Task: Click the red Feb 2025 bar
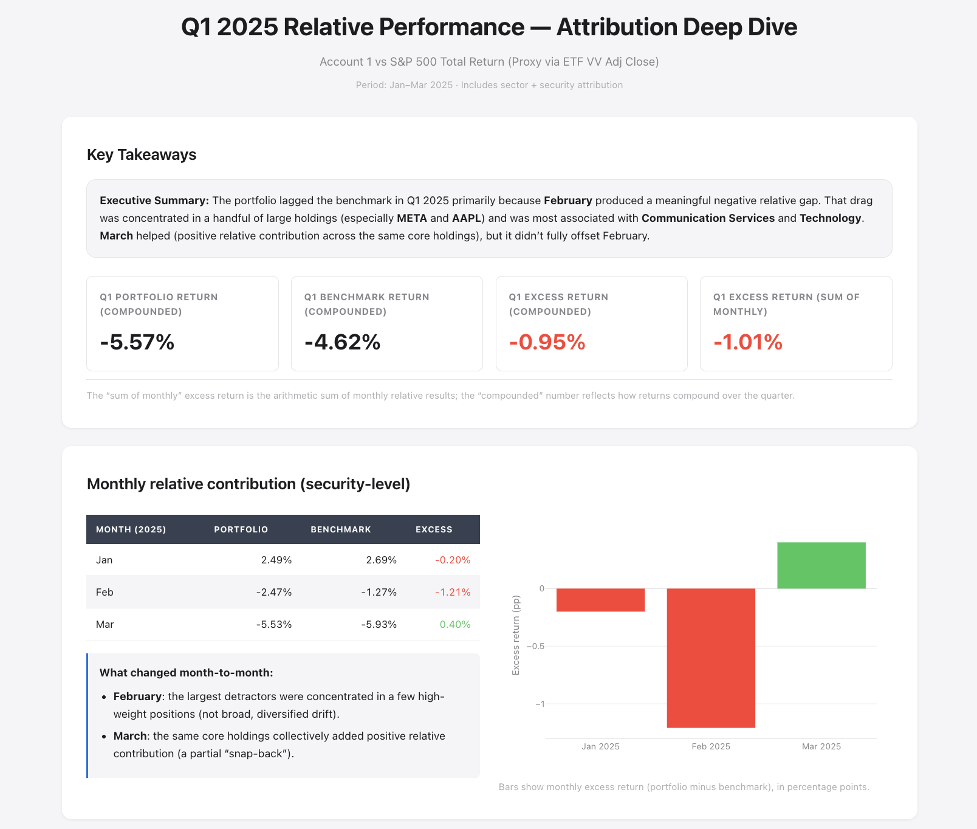point(711,658)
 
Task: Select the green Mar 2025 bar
point(821,565)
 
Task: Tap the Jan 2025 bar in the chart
point(600,600)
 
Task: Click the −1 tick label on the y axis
point(540,704)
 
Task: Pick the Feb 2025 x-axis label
point(711,746)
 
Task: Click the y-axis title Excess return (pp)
point(516,635)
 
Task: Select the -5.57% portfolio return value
point(137,342)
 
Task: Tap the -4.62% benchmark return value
point(343,342)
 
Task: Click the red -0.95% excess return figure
point(547,342)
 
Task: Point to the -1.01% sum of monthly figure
point(748,342)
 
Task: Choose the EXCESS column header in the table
point(434,529)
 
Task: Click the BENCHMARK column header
point(341,529)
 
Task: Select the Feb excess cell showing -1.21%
point(453,592)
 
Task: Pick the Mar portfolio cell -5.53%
point(274,624)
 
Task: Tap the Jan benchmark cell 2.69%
point(382,560)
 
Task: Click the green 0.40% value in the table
point(455,624)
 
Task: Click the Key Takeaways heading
point(142,154)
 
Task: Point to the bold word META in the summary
point(412,218)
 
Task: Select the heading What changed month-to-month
point(187,673)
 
